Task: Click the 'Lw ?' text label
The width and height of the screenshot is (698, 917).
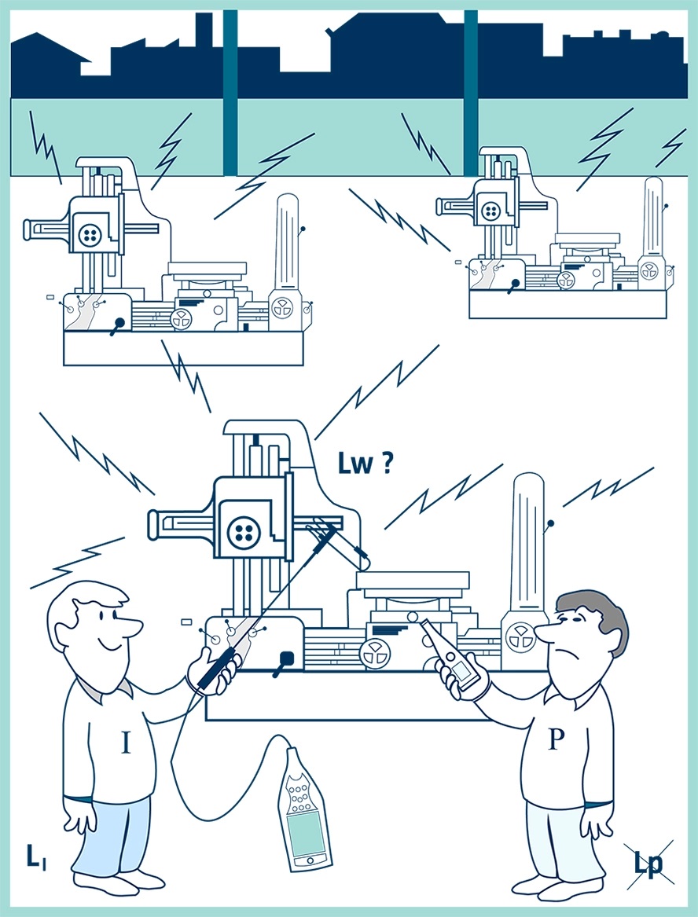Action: click(x=366, y=464)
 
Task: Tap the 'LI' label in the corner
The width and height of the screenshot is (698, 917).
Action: click(x=36, y=857)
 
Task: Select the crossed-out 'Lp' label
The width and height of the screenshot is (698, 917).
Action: click(x=648, y=864)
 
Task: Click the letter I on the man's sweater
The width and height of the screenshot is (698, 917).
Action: click(x=125, y=743)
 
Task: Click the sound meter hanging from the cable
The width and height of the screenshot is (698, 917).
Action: click(x=304, y=809)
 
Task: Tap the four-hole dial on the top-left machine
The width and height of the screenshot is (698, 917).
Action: click(x=89, y=233)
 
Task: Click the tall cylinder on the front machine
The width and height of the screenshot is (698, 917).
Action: click(x=527, y=542)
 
